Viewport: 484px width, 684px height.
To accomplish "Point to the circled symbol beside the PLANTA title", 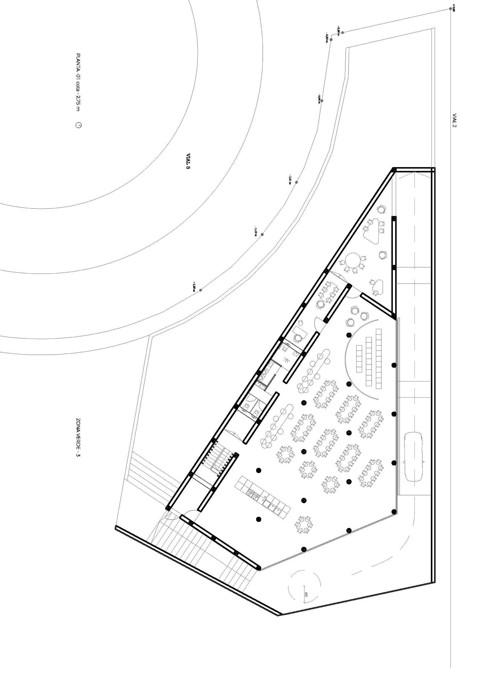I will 78,125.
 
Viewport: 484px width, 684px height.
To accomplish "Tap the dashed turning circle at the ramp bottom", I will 305,586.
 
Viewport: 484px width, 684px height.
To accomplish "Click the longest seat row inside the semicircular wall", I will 379,358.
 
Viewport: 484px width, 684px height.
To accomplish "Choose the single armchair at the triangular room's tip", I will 382,209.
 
